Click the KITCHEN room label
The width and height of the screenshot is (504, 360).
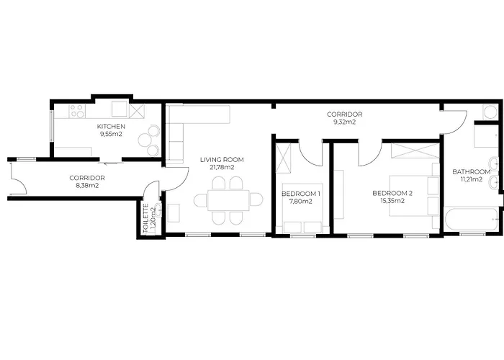(111, 126)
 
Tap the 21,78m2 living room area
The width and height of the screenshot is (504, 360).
(222, 168)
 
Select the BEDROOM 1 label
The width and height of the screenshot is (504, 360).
(300, 194)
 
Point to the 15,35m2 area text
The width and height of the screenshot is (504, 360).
(392, 201)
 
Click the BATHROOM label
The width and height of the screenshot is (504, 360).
(471, 171)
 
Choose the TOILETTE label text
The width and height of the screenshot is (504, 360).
(145, 218)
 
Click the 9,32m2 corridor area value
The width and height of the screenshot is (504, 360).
(344, 122)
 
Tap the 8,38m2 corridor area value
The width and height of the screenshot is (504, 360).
(87, 186)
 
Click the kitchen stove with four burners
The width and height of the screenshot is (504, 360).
(77, 111)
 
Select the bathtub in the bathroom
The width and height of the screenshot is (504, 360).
(471, 220)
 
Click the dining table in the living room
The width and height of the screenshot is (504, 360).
(228, 200)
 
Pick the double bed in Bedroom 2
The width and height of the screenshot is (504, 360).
(414, 196)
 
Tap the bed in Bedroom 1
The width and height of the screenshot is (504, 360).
(302, 208)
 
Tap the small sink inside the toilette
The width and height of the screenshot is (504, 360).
(158, 210)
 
